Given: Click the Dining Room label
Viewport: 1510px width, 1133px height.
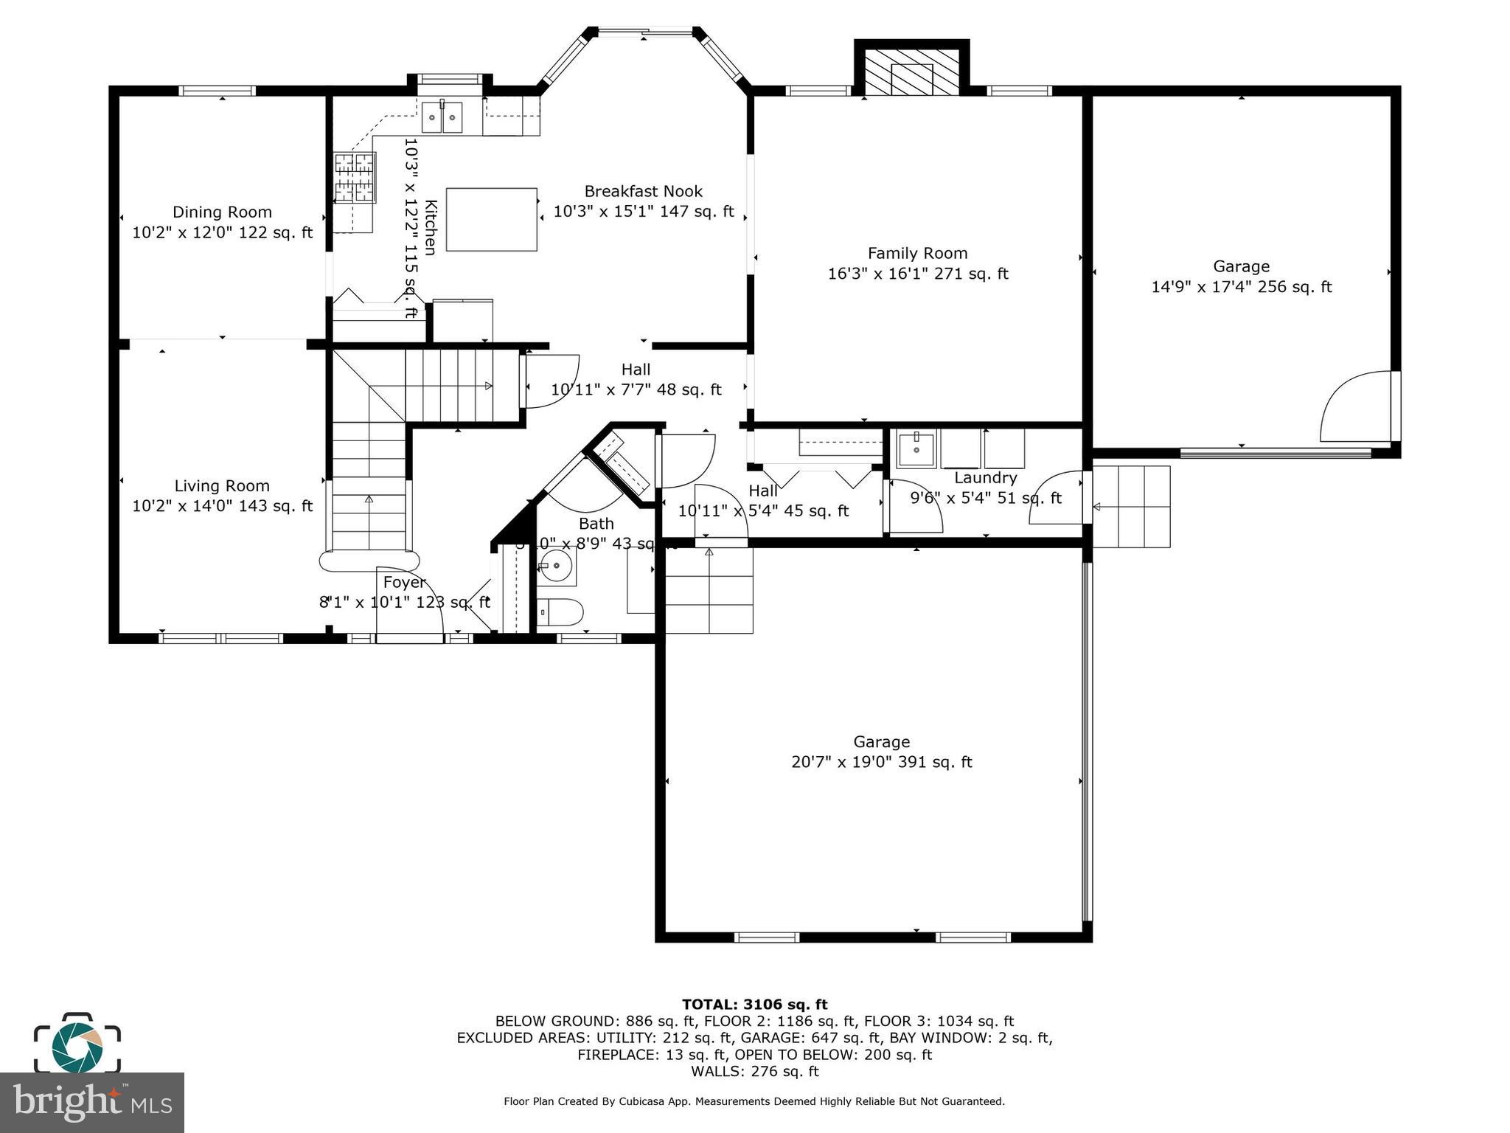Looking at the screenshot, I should [222, 212].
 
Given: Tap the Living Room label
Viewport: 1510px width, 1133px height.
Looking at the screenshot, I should [222, 486].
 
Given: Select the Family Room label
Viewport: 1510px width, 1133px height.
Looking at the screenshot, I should [917, 254].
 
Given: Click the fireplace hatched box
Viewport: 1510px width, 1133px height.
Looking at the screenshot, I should [912, 72].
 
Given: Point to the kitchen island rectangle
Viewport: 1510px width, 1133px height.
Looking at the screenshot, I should [491, 220].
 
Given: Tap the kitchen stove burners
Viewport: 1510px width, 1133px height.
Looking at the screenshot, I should [355, 178].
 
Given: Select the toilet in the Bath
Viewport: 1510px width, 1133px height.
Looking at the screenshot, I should [560, 612].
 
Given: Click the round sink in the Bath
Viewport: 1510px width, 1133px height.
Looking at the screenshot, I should [555, 566].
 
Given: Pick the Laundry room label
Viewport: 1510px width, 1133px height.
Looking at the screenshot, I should [985, 478].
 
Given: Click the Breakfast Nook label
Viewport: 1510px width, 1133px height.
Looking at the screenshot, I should [643, 192].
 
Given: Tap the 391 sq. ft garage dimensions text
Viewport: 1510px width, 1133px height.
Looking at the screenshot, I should [881, 762].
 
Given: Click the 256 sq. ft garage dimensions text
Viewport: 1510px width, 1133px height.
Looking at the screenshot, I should [1241, 287].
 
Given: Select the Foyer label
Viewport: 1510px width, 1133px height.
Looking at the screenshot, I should [404, 583].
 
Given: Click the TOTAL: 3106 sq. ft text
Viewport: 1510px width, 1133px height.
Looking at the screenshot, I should [754, 1004].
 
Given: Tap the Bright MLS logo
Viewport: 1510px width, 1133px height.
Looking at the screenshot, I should [91, 1102].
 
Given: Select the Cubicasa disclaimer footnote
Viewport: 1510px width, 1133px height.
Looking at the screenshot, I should [754, 1101].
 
